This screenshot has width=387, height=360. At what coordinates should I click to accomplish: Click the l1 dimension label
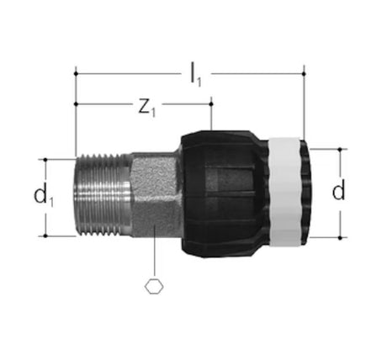click(195, 75)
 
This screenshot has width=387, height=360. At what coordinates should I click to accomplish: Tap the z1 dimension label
click(146, 108)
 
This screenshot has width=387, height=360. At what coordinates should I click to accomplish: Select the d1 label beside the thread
click(43, 196)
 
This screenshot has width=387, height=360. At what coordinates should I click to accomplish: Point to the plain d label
click(338, 190)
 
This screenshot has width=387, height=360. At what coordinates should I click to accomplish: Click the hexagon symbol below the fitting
click(154, 287)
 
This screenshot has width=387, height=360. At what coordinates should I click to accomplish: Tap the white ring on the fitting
click(284, 193)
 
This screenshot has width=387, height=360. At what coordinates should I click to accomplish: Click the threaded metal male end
click(103, 194)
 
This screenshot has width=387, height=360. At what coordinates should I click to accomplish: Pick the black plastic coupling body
click(225, 194)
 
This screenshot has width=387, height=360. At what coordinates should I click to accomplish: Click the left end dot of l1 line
click(76, 74)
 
